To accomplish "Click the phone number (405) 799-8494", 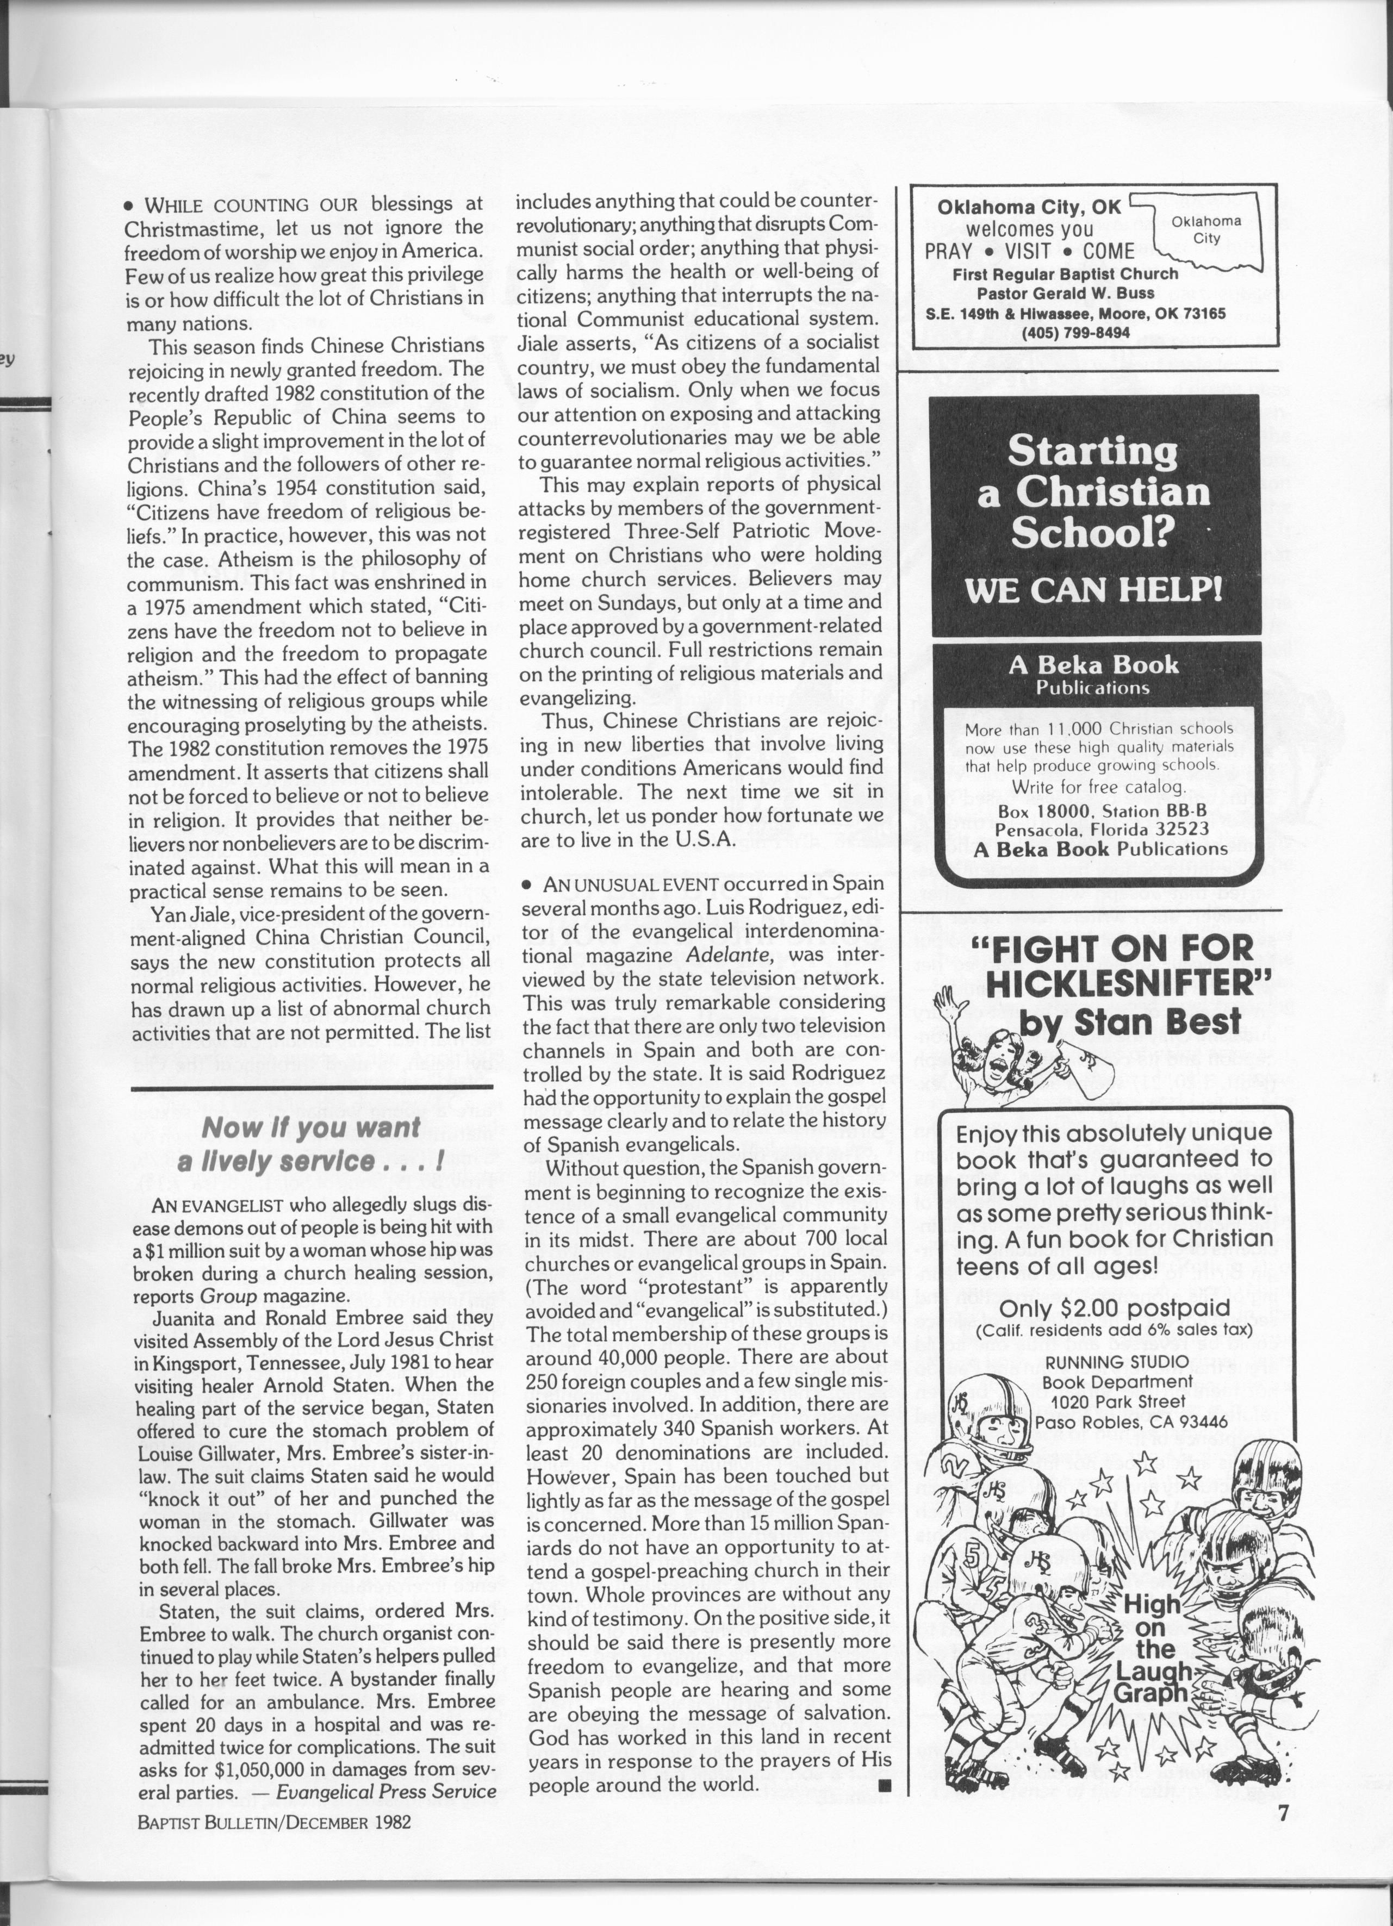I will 1076,332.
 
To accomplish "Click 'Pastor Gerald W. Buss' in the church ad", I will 1065,293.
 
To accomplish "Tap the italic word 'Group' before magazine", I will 228,1296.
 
